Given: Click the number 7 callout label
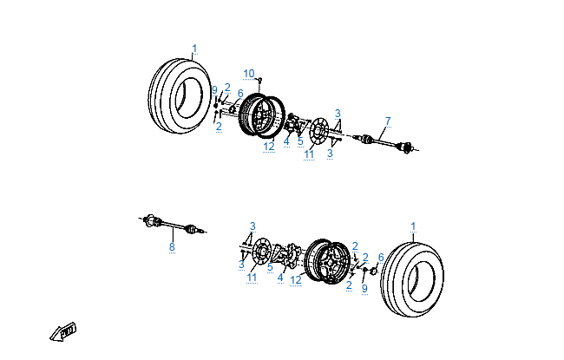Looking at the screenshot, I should point(388,121).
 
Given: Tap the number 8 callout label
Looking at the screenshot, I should point(172,247).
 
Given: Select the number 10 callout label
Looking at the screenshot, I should point(249,73).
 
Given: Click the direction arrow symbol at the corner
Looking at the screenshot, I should point(63,331).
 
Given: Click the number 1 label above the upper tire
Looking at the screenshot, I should point(194,49).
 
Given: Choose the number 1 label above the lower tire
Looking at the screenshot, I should point(413,226).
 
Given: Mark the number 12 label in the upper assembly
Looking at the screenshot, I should point(269,147).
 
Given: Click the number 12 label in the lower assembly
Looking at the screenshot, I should point(296,279).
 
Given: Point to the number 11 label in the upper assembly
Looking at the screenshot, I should point(309,154).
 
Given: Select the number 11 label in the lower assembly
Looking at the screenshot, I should point(252,278).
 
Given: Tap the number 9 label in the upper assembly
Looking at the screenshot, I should point(214,90).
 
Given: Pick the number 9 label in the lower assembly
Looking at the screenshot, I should point(364,288).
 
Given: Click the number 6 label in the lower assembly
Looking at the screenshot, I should point(380,257).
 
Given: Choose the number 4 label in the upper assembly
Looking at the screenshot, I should point(285,141).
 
